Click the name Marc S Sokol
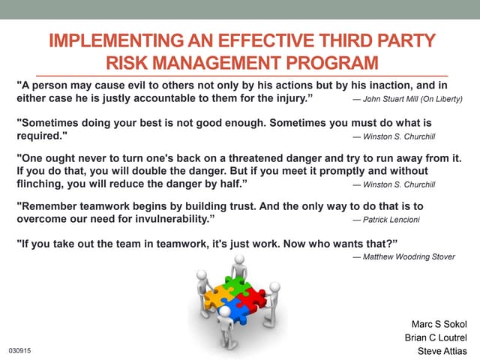(439, 324)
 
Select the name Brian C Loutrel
(435, 337)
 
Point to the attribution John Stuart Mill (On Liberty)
(407, 98)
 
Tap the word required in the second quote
(40, 136)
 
